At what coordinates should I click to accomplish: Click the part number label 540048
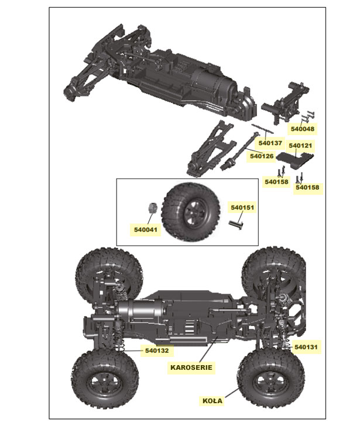302,129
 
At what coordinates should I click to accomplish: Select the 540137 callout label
270,143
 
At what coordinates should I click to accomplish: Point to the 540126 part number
262,156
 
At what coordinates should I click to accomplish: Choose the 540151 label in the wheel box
242,207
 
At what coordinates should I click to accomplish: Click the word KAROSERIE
191,368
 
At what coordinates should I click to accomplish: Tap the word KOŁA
212,401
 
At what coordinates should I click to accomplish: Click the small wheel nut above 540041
151,208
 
